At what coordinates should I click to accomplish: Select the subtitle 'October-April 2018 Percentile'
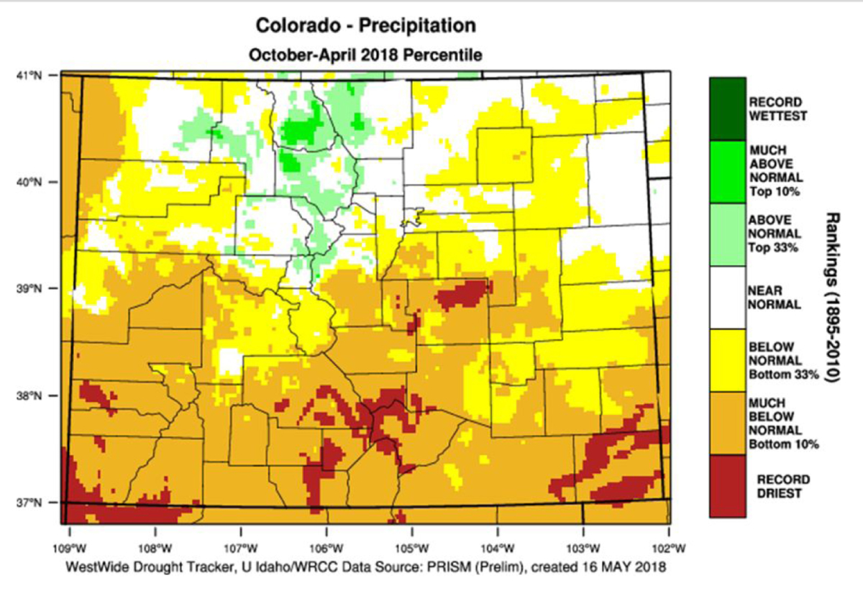[365, 54]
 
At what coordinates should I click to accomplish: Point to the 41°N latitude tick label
[29, 74]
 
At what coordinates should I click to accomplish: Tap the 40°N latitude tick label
[29, 182]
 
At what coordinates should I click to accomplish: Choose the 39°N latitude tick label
[29, 288]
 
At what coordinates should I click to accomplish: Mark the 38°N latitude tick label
[29, 395]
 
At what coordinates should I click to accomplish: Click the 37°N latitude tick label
[29, 502]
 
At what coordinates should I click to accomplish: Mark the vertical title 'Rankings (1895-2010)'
[836, 297]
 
